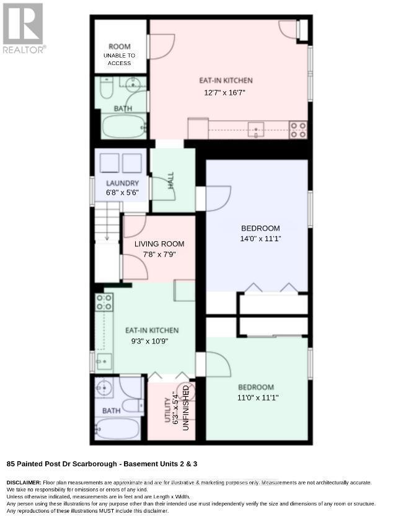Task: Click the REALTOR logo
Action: pyautogui.click(x=23, y=28)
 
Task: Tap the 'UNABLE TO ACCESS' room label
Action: pyautogui.click(x=120, y=60)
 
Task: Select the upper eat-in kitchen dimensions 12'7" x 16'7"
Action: pyautogui.click(x=224, y=92)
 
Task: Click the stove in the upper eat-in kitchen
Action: pyautogui.click(x=298, y=130)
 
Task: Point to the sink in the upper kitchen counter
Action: pyautogui.click(x=256, y=129)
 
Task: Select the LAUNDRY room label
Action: pyautogui.click(x=122, y=183)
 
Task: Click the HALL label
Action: pyautogui.click(x=171, y=180)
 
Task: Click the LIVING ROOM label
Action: pyautogui.click(x=159, y=244)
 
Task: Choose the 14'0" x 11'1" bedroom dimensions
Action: pyautogui.click(x=260, y=239)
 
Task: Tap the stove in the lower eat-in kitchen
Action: pyautogui.click(x=104, y=303)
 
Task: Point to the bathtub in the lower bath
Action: pyautogui.click(x=117, y=428)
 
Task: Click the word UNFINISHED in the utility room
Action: pyautogui.click(x=186, y=408)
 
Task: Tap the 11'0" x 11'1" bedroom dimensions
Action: pyautogui.click(x=258, y=397)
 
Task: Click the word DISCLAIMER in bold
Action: pyautogui.click(x=24, y=482)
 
